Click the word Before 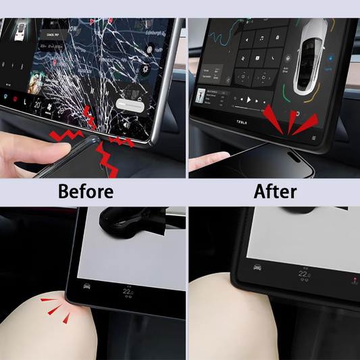click(x=85, y=192)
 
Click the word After click(x=274, y=192)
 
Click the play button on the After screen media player click(x=248, y=99)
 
